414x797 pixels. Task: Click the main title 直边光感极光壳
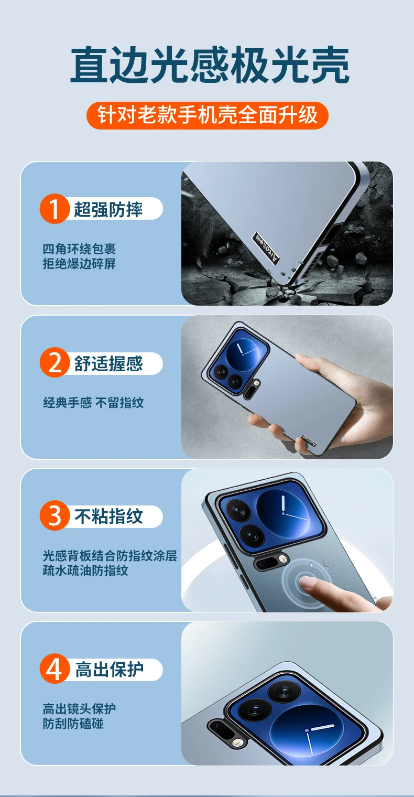click(210, 65)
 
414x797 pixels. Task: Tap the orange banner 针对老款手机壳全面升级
click(208, 115)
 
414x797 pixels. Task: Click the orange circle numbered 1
click(55, 209)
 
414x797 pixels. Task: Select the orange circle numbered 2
click(55, 362)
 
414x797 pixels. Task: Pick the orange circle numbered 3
click(55, 515)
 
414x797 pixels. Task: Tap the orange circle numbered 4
click(55, 669)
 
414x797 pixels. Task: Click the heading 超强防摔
click(108, 209)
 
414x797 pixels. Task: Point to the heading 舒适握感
click(108, 363)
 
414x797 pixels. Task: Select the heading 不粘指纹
click(108, 516)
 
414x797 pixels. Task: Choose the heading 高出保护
click(109, 670)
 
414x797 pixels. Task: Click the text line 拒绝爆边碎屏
click(79, 264)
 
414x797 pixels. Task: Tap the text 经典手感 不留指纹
click(93, 403)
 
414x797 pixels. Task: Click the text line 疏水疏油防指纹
click(85, 570)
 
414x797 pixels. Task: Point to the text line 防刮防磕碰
click(73, 724)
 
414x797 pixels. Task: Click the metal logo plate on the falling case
click(266, 248)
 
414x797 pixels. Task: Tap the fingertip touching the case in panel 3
click(307, 582)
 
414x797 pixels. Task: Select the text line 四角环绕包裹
click(79, 249)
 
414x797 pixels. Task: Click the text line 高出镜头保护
click(79, 709)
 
